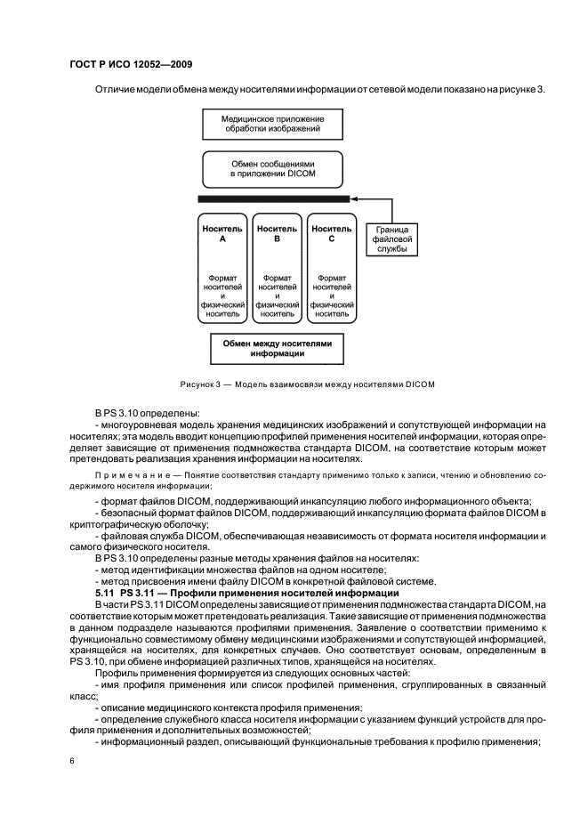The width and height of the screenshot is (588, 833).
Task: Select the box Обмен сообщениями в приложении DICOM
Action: [x=273, y=169]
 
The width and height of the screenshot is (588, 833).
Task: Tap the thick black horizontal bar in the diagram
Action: [x=273, y=199]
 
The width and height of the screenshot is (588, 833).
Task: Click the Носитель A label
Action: [x=222, y=233]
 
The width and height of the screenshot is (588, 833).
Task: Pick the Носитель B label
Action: [x=277, y=233]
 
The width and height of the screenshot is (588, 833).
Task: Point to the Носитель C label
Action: [x=331, y=233]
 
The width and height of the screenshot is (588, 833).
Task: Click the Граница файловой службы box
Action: [x=391, y=239]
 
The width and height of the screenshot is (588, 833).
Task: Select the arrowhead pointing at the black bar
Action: [x=356, y=199]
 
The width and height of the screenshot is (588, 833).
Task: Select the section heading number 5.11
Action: [x=107, y=592]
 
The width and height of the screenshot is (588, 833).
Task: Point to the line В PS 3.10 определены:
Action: [x=148, y=412]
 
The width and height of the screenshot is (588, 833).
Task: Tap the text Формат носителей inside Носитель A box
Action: [x=222, y=283]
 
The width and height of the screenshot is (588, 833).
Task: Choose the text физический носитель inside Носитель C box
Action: [x=331, y=309]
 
